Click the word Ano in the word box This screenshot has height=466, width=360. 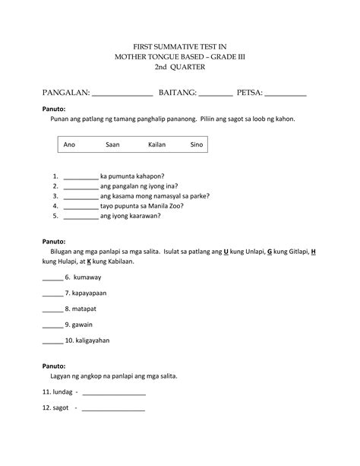pyautogui.click(x=69, y=144)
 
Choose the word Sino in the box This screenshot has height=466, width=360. pyautogui.click(x=197, y=144)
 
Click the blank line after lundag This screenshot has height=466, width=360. pyautogui.click(x=113, y=395)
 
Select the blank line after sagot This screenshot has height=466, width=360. pyautogui.click(x=113, y=410)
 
